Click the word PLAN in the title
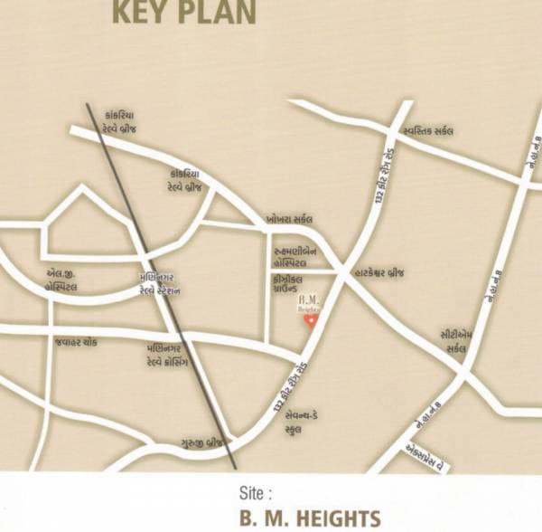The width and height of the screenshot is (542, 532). [x=220, y=13]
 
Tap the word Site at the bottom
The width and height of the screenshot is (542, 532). [x=256, y=495]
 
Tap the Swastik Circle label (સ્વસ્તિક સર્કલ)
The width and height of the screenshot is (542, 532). [x=428, y=131]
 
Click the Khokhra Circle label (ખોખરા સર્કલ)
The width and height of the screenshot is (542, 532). [x=290, y=219]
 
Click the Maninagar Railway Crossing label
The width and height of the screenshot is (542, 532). [x=168, y=353]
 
